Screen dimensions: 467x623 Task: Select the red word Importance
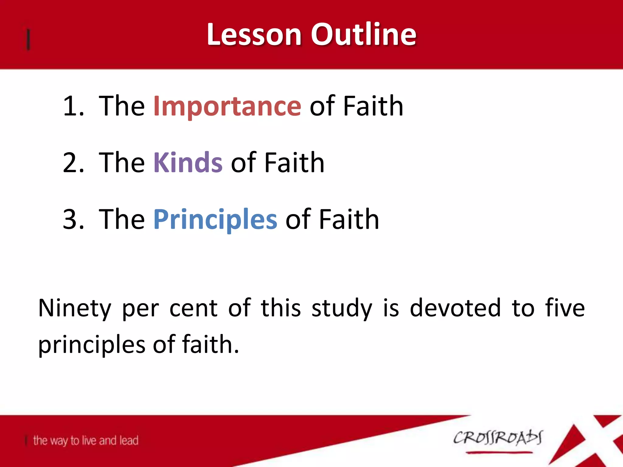click(227, 106)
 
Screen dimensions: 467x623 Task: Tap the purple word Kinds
click(188, 163)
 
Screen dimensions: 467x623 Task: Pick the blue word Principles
click(215, 220)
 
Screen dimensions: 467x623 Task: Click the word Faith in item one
click(373, 106)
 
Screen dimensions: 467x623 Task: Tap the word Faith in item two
click(294, 163)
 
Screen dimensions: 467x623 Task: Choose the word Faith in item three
click(349, 220)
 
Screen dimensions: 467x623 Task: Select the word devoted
click(455, 308)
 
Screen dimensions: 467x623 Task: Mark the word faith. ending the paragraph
click(210, 344)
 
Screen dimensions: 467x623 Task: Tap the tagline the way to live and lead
click(85, 441)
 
